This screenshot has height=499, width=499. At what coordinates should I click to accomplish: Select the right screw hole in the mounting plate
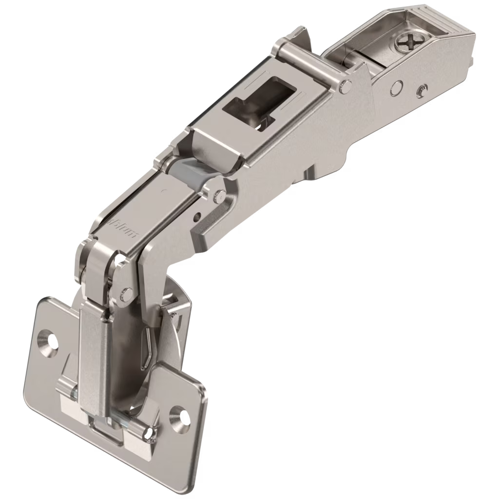179,415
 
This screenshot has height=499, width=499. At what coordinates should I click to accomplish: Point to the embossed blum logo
125,225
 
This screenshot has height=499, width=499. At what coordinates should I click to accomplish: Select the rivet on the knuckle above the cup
126,293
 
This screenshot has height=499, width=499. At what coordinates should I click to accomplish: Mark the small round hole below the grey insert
197,215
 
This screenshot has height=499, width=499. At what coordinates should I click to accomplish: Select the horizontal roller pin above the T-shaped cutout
312,68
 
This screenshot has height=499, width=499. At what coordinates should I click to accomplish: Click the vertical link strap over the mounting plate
93,351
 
